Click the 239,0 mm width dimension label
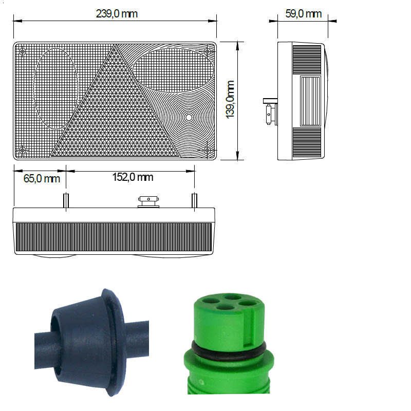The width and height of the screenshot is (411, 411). [117, 14]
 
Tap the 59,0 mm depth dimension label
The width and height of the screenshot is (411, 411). [303, 14]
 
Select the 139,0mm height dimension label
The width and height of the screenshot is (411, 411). [230, 100]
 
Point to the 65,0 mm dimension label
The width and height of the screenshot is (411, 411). [42, 178]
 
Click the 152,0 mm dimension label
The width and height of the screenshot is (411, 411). [133, 177]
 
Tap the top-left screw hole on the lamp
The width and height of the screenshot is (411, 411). [23, 51]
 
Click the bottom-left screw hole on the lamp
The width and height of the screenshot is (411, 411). [23, 150]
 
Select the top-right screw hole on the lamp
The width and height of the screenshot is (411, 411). [207, 51]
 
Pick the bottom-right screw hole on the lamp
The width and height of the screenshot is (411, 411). [207, 150]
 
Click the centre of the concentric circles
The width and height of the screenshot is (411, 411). [189, 118]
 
